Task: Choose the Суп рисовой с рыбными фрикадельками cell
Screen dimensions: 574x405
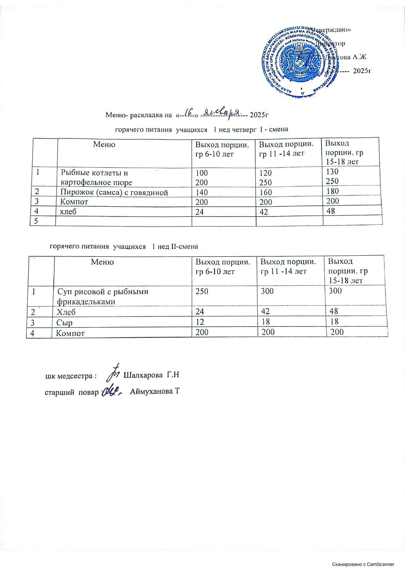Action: [103, 296]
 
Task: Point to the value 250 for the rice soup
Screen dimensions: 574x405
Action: [202, 291]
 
